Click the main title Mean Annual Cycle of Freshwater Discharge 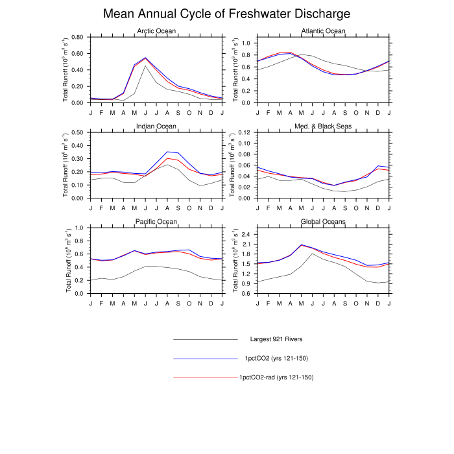[x=227, y=14]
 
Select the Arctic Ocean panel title [x=156, y=30]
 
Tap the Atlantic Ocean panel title [x=323, y=30]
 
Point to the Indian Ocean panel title [x=156, y=126]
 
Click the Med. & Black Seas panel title [x=323, y=126]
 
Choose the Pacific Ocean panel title [x=156, y=222]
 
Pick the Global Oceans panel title [x=323, y=222]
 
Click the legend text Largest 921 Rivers [x=276, y=339]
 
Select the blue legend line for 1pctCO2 [x=206, y=359]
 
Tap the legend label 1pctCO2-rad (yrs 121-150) [x=276, y=377]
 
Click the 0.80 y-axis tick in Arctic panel [x=77, y=37]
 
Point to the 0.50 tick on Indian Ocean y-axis [x=77, y=132]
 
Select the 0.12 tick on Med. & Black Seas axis [x=244, y=132]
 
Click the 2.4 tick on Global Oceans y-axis [x=246, y=234]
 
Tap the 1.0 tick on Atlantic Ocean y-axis [x=246, y=43]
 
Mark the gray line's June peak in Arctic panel [x=145, y=66]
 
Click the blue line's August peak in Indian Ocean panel [x=167, y=152]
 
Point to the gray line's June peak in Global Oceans [x=312, y=254]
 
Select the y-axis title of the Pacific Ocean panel [x=68, y=261]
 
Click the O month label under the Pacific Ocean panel [x=189, y=304]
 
